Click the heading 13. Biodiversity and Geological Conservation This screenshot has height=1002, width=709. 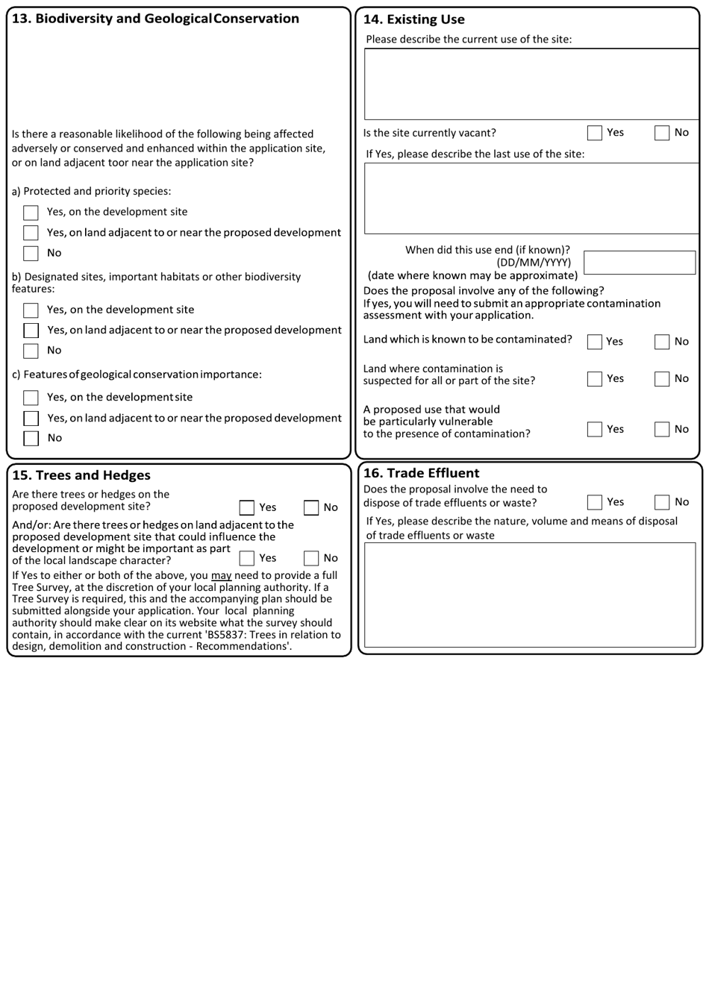coord(156,19)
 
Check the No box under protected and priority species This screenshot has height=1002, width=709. coord(31,253)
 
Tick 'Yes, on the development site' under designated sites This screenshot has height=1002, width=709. coord(31,310)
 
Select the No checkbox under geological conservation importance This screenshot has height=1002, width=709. coord(31,438)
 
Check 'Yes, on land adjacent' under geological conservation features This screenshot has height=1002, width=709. coord(31,419)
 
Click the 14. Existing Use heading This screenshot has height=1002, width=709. coord(413,19)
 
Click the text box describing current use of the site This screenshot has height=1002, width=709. coord(531,84)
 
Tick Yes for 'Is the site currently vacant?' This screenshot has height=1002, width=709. coord(594,133)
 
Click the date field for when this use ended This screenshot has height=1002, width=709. coord(639,263)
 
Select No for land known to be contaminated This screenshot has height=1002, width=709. coord(662,342)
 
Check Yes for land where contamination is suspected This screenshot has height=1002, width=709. coord(594,379)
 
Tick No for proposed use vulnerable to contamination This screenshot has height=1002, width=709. coord(662,429)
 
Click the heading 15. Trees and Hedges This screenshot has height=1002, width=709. coord(81,475)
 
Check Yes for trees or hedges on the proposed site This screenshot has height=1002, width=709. coord(247,508)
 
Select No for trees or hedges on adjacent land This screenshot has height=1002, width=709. coord(311,558)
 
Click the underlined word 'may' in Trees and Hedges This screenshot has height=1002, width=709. coord(221,575)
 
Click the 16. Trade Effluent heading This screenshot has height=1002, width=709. coord(421,473)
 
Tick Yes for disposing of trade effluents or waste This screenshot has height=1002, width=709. coord(594,502)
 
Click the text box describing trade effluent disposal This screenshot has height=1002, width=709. coord(530,595)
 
